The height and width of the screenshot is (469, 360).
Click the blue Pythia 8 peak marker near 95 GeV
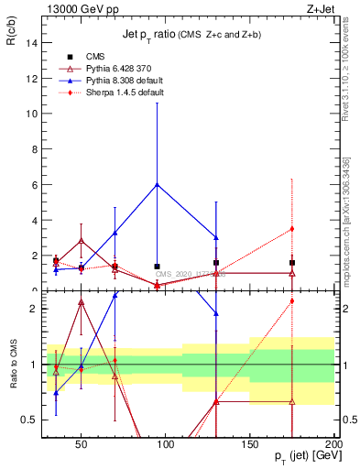(158, 184)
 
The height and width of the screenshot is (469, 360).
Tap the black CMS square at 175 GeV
(292, 262)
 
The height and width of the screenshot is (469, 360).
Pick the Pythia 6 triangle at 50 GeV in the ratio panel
(82, 302)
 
